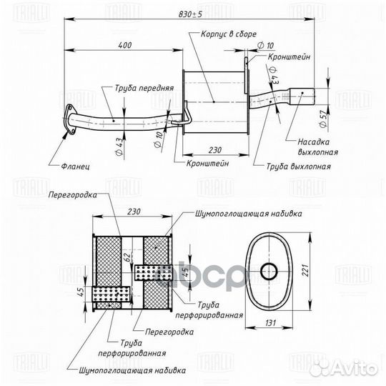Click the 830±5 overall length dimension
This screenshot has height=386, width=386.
pyautogui.click(x=190, y=14)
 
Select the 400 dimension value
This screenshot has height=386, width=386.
pyautogui.click(x=125, y=45)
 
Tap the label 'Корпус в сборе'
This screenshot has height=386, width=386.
pyautogui.click(x=229, y=34)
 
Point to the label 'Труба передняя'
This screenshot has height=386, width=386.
pyautogui.click(x=144, y=88)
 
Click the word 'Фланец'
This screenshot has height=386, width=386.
pyautogui.click(x=75, y=167)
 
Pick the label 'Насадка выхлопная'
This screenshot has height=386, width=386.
pyautogui.click(x=317, y=147)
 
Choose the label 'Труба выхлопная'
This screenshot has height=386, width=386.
pyautogui.click(x=299, y=167)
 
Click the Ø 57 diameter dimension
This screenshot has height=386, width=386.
pyautogui.click(x=324, y=118)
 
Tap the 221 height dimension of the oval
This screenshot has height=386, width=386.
pyautogui.click(x=305, y=270)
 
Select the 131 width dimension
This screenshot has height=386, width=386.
pyautogui.click(x=270, y=322)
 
